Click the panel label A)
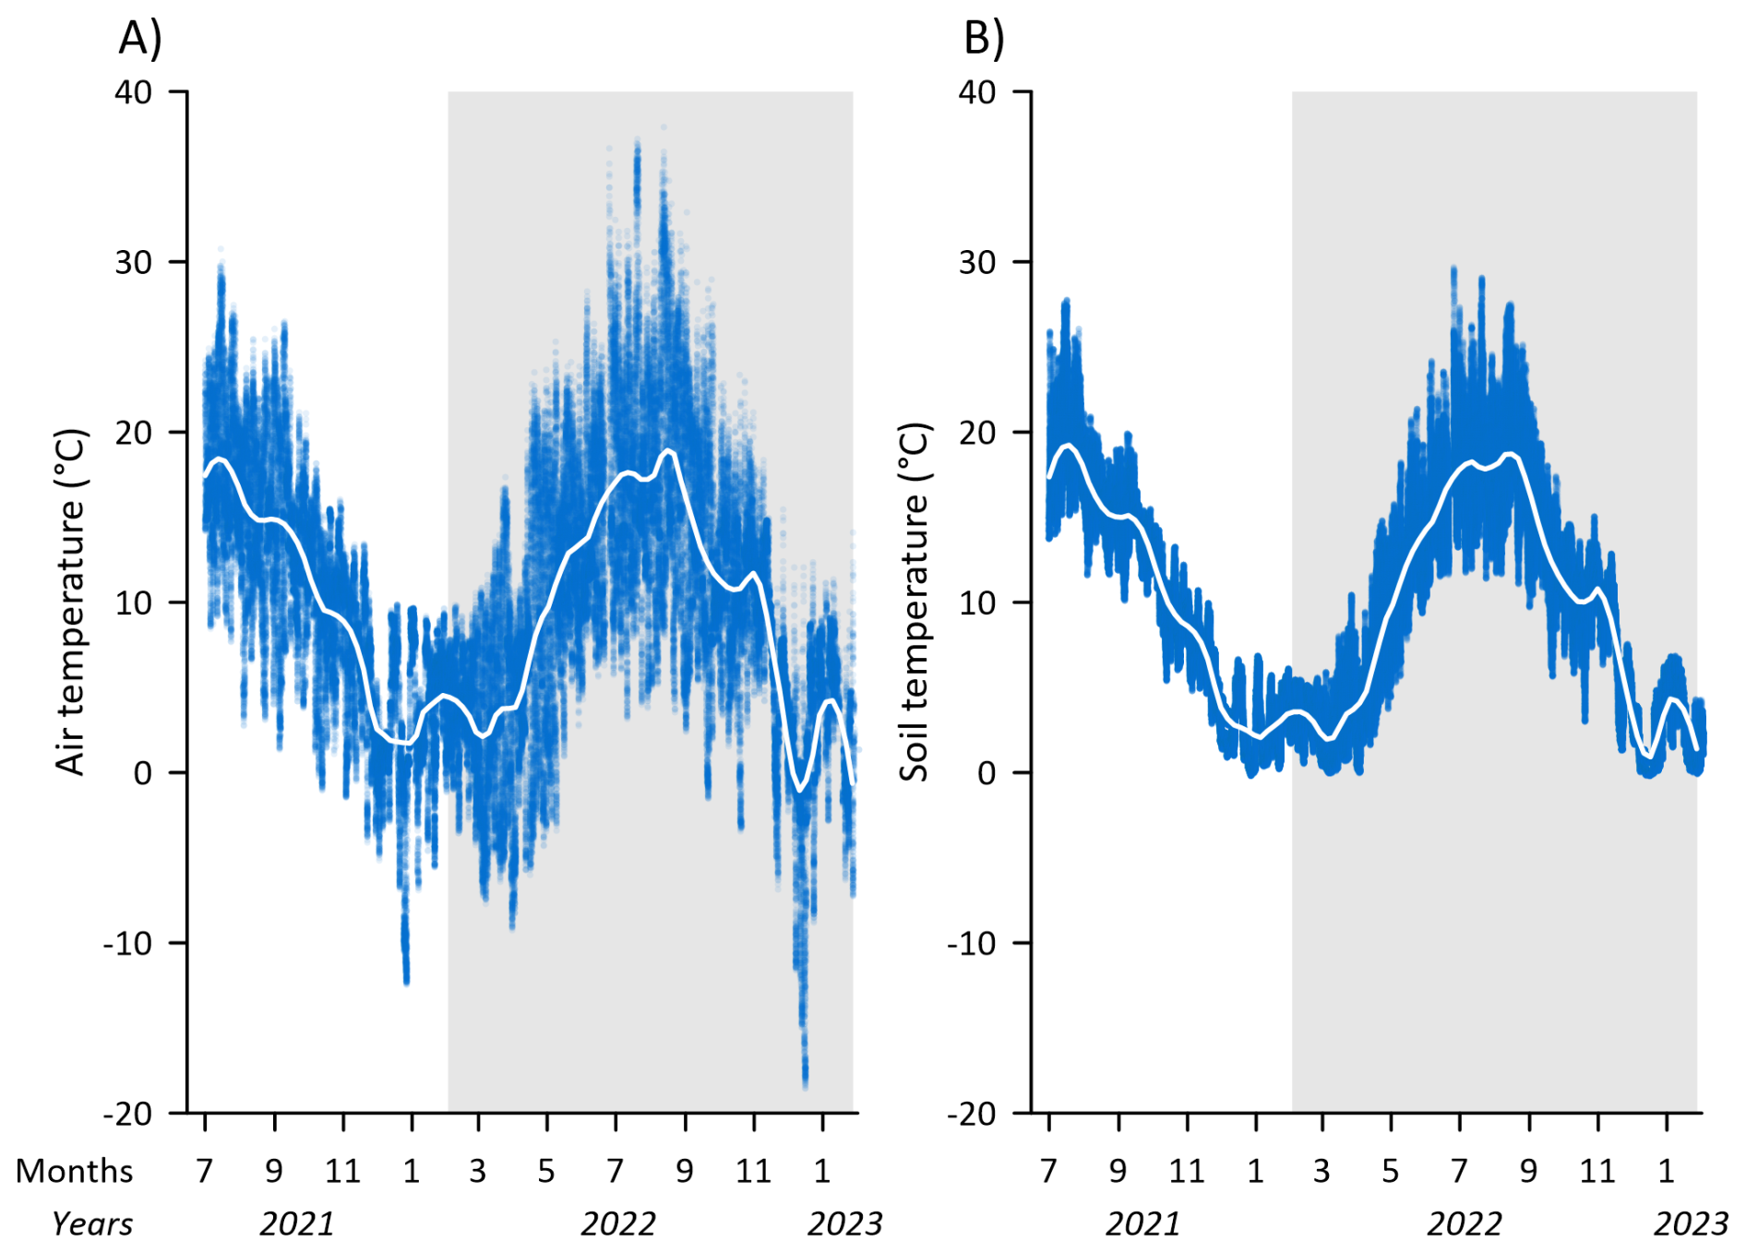coord(140,39)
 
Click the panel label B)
coord(984,39)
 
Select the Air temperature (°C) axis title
coord(70,602)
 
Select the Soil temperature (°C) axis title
coord(914,602)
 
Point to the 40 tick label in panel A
coord(134,92)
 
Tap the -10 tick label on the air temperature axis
coord(127,943)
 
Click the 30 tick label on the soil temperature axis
coord(977,262)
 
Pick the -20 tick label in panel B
coord(971,1114)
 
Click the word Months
coord(75,1171)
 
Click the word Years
coord(92,1224)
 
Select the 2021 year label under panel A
coord(296,1224)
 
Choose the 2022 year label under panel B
coord(1464,1224)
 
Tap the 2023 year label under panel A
coord(844,1224)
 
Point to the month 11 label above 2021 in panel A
coord(342,1171)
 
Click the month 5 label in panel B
coord(1390,1171)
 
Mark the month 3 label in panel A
coord(477,1171)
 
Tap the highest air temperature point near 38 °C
coord(663,127)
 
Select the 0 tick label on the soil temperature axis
coord(987,773)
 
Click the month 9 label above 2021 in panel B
coord(1118,1171)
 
